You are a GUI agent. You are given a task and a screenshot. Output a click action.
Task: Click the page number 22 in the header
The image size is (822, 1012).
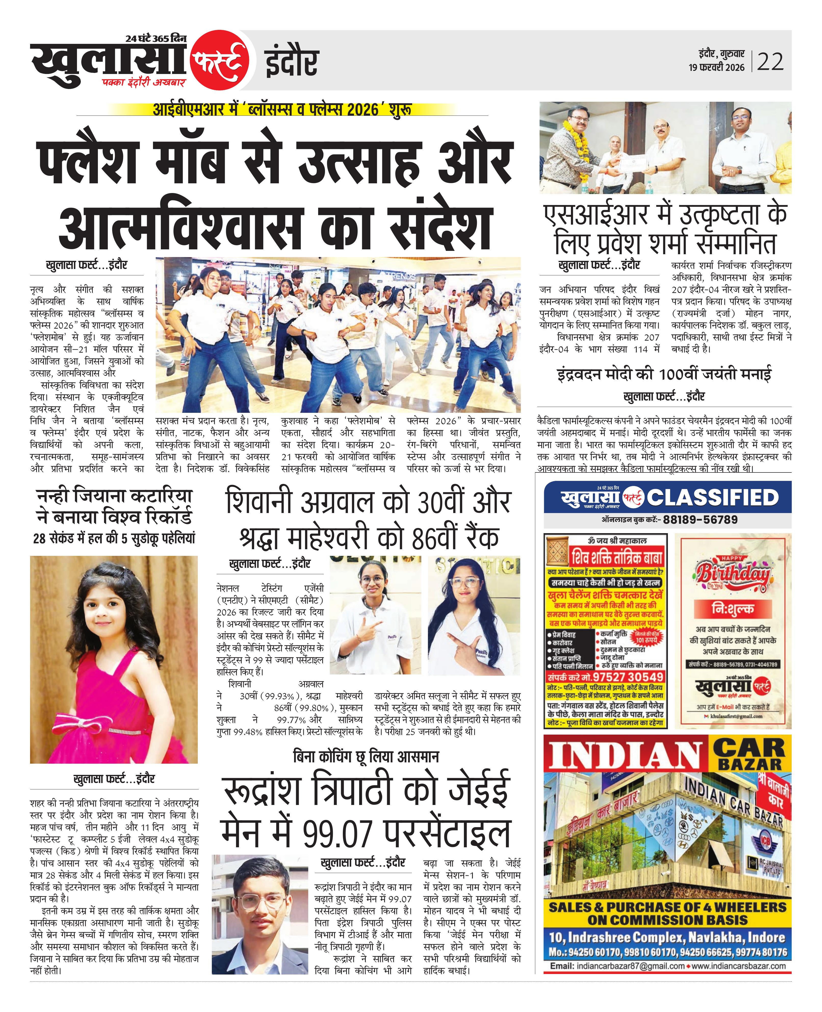tap(771, 62)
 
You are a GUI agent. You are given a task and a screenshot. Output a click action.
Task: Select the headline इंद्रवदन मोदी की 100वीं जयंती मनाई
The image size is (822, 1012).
tap(664, 374)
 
